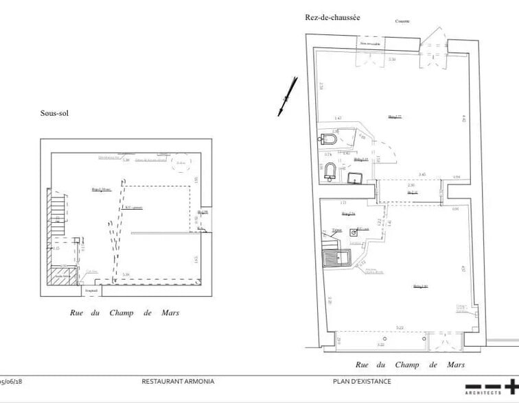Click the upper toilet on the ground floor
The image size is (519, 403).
[329, 140]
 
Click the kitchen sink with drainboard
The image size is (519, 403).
[336, 258]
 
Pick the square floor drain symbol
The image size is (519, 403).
[354, 232]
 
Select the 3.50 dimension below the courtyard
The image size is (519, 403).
[391, 60]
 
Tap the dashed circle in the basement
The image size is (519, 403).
[182, 160]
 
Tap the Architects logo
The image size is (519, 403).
[490, 387]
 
